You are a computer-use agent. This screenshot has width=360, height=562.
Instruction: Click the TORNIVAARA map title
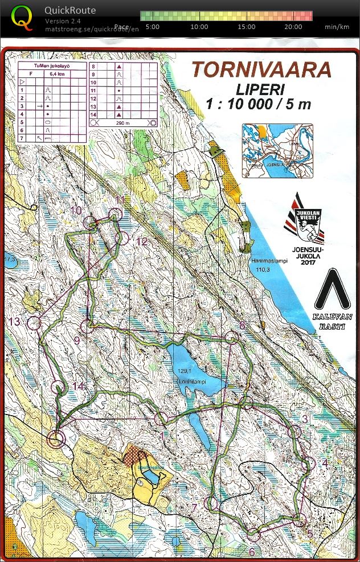261,69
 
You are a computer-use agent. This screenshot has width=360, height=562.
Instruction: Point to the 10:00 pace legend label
199,27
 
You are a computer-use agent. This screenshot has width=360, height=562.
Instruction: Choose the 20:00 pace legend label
293,27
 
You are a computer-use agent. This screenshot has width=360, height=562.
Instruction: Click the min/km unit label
337,27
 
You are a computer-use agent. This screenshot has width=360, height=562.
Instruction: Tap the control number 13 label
15,322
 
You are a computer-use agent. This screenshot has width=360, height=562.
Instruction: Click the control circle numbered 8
232,338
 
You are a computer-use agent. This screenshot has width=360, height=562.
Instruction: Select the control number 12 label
142,242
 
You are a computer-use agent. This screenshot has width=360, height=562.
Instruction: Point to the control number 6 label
252,551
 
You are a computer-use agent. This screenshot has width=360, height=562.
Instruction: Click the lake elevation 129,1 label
182,371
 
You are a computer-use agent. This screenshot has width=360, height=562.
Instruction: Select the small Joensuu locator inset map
277,151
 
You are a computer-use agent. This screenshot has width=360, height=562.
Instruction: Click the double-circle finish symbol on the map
55,439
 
